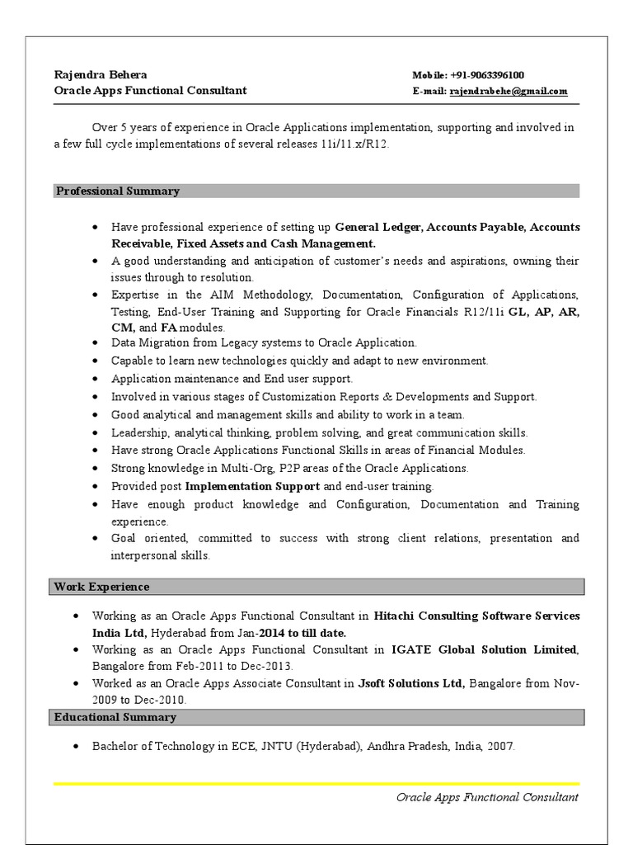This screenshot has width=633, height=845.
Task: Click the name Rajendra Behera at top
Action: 101,75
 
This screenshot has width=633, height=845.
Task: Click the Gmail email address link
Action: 509,92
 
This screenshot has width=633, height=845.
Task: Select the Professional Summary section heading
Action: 117,191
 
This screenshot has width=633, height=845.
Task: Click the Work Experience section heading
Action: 102,587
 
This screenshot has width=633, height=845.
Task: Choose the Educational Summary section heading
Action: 115,717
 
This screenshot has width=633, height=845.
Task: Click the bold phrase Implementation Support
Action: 253,486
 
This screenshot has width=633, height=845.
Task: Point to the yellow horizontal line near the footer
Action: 316,783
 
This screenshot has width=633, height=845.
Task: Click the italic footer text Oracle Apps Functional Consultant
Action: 487,797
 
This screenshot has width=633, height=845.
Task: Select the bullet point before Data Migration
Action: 96,342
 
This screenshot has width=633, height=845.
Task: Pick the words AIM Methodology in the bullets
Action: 260,295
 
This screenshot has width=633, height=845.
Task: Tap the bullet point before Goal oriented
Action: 96,539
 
